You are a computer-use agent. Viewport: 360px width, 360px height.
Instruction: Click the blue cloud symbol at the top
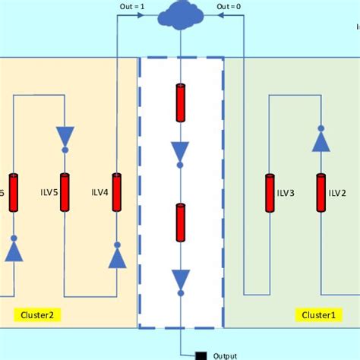coord(180,15)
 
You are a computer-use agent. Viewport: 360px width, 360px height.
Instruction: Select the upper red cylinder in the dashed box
coord(180,103)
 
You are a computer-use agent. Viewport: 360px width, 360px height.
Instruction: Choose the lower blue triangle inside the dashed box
coord(180,279)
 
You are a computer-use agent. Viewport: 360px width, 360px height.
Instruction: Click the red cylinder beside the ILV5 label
coord(65,193)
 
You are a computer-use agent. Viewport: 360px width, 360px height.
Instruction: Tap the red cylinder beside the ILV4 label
coord(117,193)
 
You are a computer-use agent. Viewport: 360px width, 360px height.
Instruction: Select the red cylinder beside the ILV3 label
coord(270,193)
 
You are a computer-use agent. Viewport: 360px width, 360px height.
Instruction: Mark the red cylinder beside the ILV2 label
coord(321,193)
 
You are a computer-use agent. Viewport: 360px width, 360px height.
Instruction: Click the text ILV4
coord(99,193)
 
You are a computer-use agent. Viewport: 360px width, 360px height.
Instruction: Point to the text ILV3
coord(287,193)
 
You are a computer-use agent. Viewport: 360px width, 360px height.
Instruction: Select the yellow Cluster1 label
coord(317,314)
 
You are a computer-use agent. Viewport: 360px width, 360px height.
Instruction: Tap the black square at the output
coord(201,355)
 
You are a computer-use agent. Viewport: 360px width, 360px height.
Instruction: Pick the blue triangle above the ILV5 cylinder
coord(65,137)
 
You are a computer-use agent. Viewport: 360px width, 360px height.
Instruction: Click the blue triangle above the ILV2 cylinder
coord(321,140)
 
